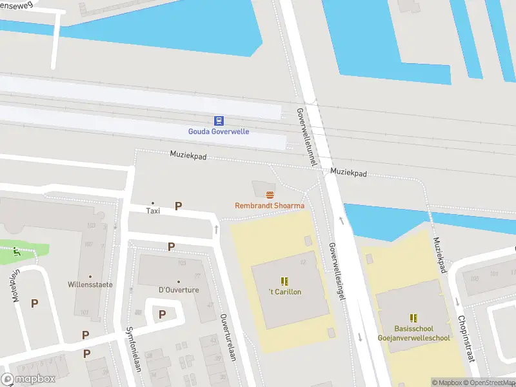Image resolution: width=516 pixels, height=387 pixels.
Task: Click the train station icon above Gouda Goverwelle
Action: click(219, 121)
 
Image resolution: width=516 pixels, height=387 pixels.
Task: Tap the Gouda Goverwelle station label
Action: click(218, 132)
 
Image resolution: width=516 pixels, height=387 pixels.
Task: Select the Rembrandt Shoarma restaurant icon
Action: click(270, 195)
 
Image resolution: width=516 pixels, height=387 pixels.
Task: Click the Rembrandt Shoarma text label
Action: click(269, 206)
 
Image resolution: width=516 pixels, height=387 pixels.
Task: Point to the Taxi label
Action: click(153, 210)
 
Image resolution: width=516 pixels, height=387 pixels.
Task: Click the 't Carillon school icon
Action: click(284, 281)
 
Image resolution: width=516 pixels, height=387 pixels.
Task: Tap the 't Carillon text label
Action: click(284, 292)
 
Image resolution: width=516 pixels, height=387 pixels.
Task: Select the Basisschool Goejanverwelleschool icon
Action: click(413, 318)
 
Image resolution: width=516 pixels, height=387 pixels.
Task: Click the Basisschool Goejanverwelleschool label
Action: click(413, 333)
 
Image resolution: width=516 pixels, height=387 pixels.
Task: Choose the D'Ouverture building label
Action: click(178, 290)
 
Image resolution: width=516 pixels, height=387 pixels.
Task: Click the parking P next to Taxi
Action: click(178, 206)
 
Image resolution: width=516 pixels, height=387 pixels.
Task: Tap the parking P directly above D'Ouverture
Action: click(171, 247)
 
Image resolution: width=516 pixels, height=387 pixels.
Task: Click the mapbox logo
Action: click(28, 379)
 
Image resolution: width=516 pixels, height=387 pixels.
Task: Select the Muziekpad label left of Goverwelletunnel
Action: click(187, 155)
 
